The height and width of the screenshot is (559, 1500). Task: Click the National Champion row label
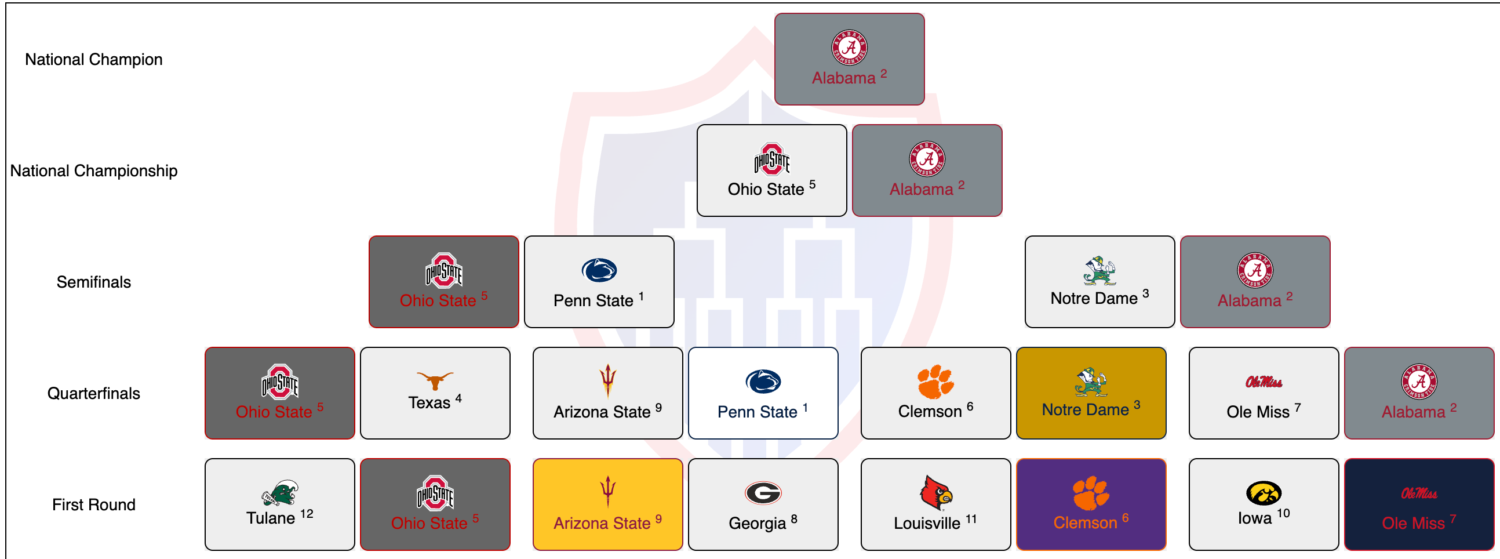94,59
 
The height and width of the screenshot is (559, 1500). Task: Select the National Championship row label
94,170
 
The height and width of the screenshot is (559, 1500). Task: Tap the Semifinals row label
94,282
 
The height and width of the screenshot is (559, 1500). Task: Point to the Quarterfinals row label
94,393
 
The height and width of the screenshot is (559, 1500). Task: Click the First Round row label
94,504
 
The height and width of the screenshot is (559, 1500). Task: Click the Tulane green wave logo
280,493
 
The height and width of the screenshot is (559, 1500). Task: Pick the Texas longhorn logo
435,380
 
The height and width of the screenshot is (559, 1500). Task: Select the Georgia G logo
763,493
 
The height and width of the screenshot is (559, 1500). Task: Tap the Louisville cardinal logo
935,493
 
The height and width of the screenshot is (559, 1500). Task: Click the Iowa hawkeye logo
1263,493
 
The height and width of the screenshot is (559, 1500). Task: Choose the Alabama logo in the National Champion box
849,48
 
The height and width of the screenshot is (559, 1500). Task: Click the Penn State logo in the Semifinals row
599,270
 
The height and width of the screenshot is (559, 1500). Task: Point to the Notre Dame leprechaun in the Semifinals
1099,270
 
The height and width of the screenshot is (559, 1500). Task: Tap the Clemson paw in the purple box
1091,493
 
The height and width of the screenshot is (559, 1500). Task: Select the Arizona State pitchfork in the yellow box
607,492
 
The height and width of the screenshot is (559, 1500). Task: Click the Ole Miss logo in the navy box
1418,494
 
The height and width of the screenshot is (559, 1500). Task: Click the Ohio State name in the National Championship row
765,189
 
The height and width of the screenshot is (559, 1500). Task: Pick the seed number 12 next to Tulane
307,514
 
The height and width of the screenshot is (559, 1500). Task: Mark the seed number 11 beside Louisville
971,518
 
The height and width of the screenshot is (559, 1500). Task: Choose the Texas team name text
429,403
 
